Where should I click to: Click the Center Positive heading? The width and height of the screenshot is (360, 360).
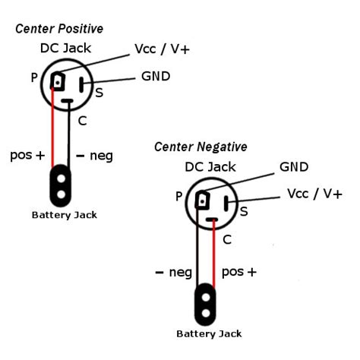pyautogui.click(x=59, y=29)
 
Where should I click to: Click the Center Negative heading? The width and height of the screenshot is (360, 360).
pyautogui.click(x=201, y=146)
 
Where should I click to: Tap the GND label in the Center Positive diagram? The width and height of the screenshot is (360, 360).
pyautogui.click(x=155, y=77)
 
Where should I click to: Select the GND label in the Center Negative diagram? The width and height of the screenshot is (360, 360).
pyautogui.click(x=293, y=166)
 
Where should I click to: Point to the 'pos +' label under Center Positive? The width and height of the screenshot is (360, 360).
pyautogui.click(x=28, y=155)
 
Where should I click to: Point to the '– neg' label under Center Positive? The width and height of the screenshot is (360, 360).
pyautogui.click(x=94, y=156)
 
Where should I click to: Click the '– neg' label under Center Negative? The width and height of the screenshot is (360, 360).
pyautogui.click(x=173, y=271)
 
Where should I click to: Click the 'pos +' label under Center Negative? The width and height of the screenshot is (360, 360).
pyautogui.click(x=239, y=271)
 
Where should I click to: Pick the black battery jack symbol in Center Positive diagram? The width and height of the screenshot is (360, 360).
pyautogui.click(x=61, y=185)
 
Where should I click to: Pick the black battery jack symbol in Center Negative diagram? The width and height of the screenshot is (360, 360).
pyautogui.click(x=205, y=302)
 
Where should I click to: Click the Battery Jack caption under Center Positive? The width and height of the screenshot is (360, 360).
pyautogui.click(x=64, y=215)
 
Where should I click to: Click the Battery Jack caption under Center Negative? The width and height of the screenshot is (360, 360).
pyautogui.click(x=209, y=333)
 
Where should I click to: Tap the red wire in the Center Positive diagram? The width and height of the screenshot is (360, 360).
pyautogui.click(x=53, y=129)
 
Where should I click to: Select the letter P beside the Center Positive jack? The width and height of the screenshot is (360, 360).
pyautogui.click(x=34, y=77)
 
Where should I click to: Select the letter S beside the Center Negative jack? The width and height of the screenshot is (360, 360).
pyautogui.click(x=244, y=211)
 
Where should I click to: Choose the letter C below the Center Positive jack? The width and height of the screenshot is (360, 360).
pyautogui.click(x=82, y=120)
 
